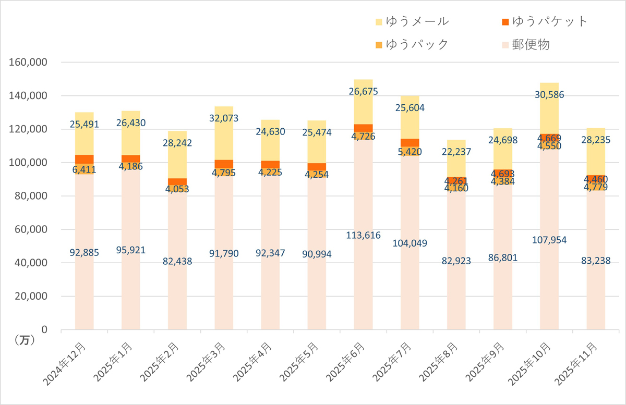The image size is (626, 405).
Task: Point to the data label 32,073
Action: coord(224,118)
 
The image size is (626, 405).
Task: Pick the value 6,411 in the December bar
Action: coord(84,169)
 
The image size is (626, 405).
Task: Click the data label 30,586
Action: coord(549,95)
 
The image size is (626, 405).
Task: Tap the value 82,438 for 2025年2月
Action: coord(177,262)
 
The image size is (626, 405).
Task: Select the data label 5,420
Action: coord(410,152)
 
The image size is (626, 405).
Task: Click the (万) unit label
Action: coord(23,340)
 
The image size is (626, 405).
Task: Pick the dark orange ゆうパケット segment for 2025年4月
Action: coord(270,164)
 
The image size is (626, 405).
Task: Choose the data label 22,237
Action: coord(456,152)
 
